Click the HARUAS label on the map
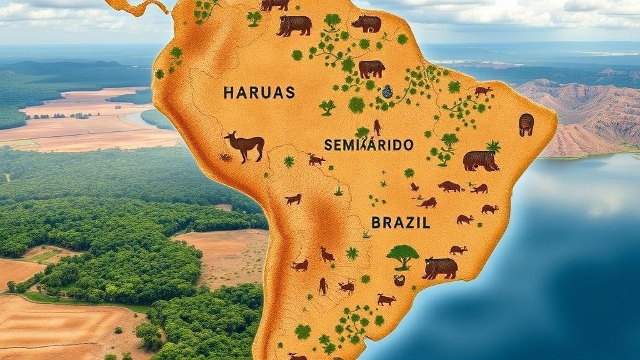click(x=258, y=92)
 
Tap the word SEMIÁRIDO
click(x=369, y=144)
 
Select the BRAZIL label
click(x=401, y=222)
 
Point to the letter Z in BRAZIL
click(x=408, y=222)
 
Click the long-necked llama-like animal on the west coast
click(x=244, y=146)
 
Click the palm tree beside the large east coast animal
click(x=494, y=147)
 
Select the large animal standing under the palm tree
click(x=480, y=161)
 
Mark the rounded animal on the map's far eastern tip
click(x=526, y=124)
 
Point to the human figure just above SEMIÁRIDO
click(x=377, y=127)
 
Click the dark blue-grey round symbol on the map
click(x=387, y=92)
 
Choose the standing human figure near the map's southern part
click(x=323, y=286)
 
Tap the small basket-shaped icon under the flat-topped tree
click(x=399, y=281)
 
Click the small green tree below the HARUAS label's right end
click(x=327, y=107)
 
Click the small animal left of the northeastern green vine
click(x=483, y=91)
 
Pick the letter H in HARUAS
click(x=228, y=92)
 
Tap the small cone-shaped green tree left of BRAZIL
click(x=338, y=190)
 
